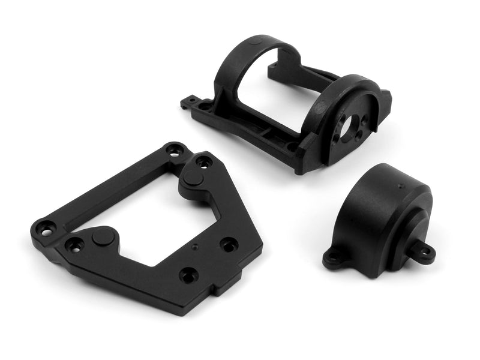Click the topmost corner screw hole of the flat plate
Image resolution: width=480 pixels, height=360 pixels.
[x=175, y=150]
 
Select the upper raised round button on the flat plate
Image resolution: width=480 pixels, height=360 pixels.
[x=192, y=178]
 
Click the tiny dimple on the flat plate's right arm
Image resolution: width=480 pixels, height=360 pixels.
[x=194, y=245]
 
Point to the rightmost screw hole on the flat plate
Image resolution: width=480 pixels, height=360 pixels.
[x=229, y=244]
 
